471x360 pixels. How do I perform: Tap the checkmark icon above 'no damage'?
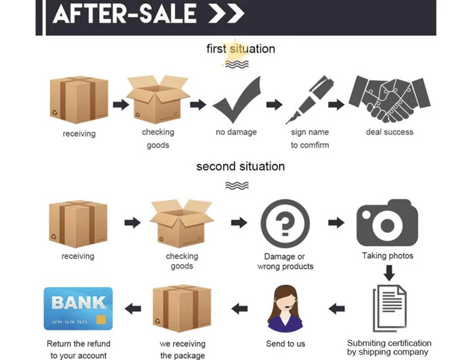pos(237,101)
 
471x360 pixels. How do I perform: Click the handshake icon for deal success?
pos(389,100)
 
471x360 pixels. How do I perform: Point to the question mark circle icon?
pos(284,224)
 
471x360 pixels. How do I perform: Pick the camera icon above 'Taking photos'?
pos(387,224)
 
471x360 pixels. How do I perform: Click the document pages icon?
pos(389,307)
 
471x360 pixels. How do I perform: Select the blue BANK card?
pos(78,308)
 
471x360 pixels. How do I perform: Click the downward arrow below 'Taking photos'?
pos(389,272)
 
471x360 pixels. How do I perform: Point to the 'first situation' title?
pos(240,49)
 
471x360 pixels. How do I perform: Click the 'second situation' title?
pos(240,166)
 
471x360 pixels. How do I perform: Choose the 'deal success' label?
pos(390,132)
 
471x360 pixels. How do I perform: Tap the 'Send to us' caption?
pos(285,344)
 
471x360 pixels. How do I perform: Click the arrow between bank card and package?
pos(132,308)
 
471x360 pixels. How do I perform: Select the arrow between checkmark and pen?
pos(274,105)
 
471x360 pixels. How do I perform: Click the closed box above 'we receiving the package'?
pos(182,308)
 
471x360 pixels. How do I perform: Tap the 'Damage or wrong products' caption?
pos(285,261)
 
